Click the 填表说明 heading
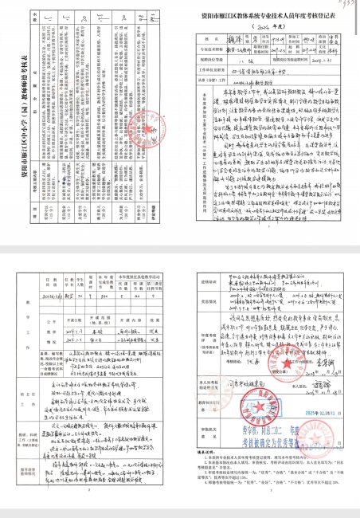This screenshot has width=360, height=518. (x=205, y=449)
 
